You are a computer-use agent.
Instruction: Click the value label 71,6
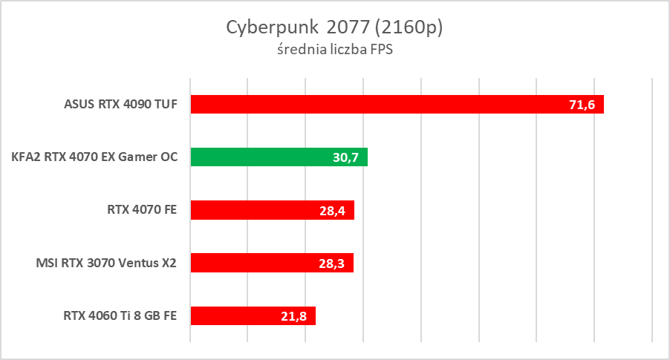pyautogui.click(x=582, y=105)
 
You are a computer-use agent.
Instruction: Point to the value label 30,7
pyautogui.click(x=346, y=157)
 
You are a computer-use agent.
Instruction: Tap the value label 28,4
pyautogui.click(x=333, y=211)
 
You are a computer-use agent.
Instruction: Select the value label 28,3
pyautogui.click(x=332, y=264)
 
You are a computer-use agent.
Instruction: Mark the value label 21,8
pyautogui.click(x=294, y=316)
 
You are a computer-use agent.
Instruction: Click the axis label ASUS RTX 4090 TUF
pyautogui.click(x=120, y=104)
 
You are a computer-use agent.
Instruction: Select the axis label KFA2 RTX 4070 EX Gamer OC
pyautogui.click(x=94, y=157)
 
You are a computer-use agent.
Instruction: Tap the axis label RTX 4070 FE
pyautogui.click(x=141, y=210)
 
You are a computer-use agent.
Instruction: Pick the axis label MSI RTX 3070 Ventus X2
pyautogui.click(x=106, y=263)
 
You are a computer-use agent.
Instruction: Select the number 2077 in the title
pyautogui.click(x=342, y=28)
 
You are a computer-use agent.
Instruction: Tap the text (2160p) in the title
pyautogui.click(x=409, y=28)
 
